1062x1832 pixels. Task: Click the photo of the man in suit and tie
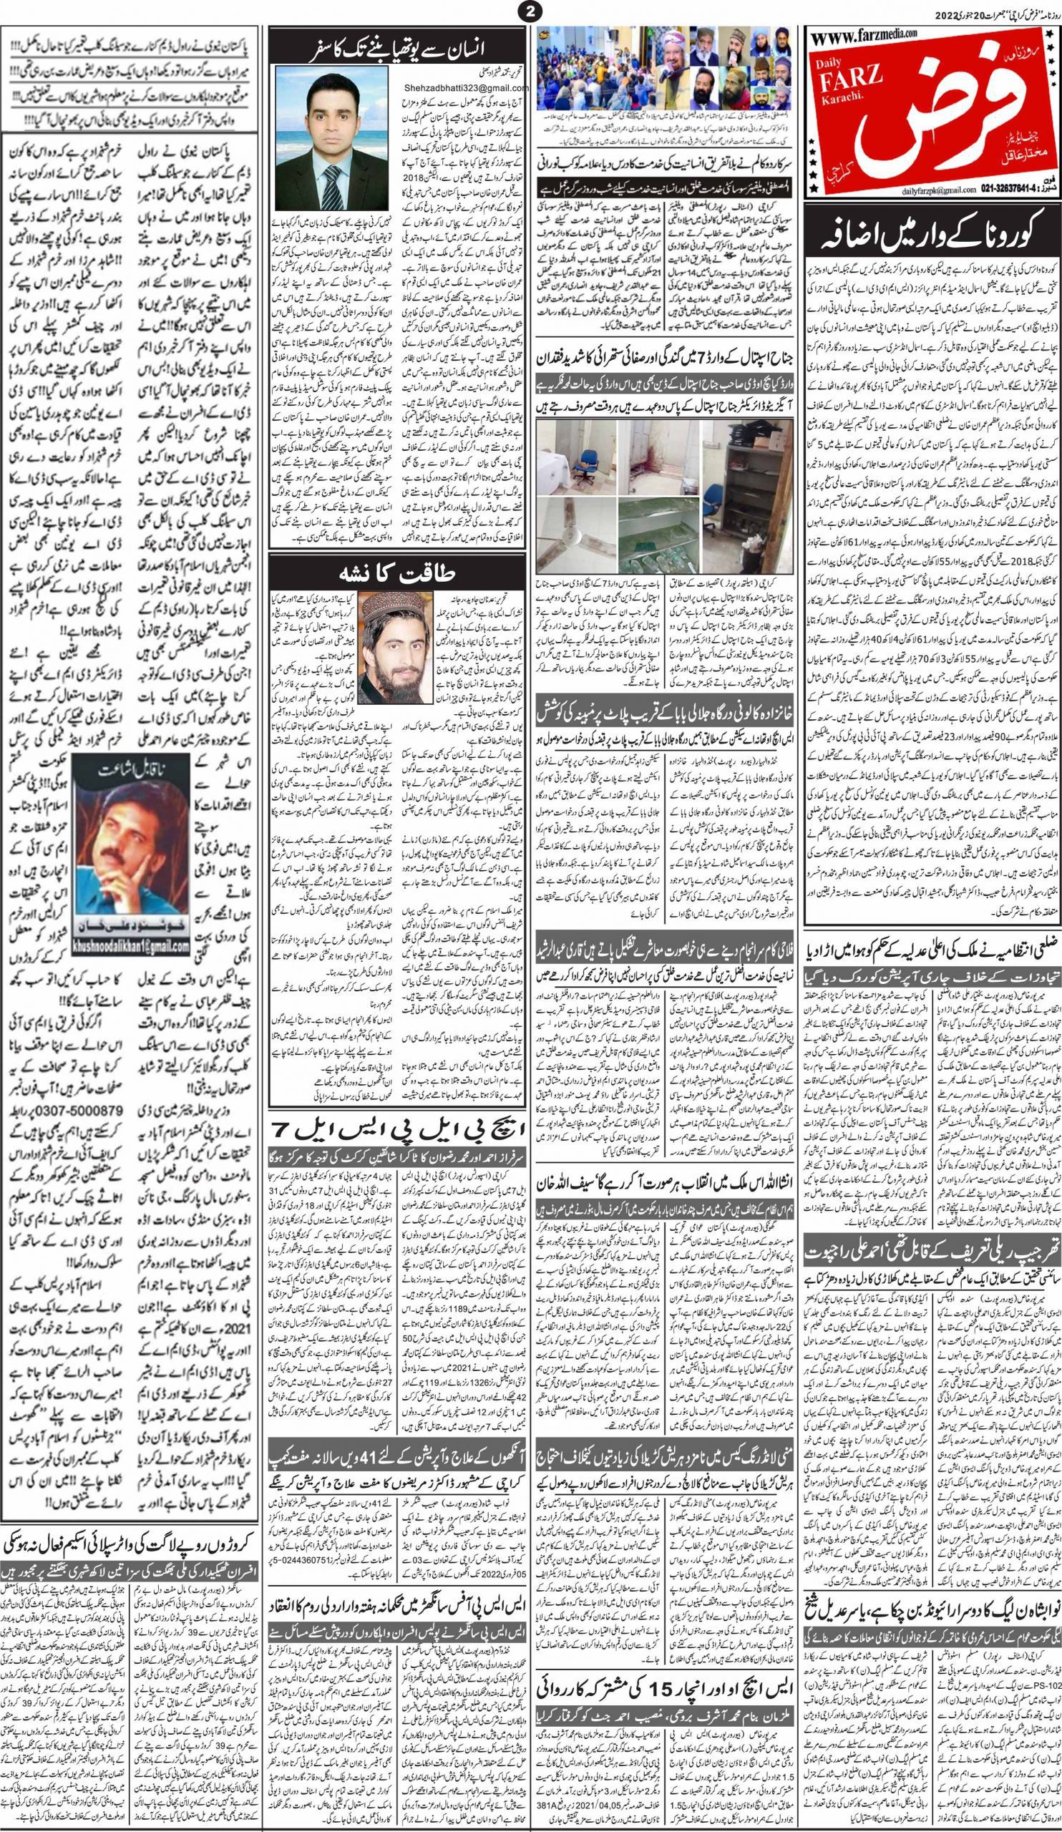[318, 141]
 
